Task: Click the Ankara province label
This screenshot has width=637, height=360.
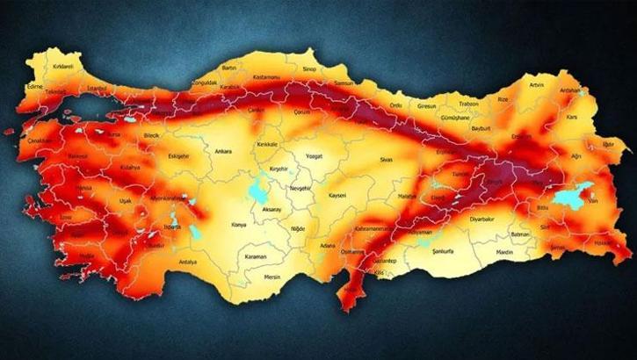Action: pyautogui.click(x=223, y=151)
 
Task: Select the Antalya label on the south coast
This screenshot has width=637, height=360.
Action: pyautogui.click(x=187, y=262)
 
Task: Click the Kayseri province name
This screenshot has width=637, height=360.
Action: pyautogui.click(x=338, y=195)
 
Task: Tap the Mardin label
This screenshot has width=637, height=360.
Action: pyautogui.click(x=503, y=251)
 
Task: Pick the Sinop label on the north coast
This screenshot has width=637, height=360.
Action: pyautogui.click(x=308, y=65)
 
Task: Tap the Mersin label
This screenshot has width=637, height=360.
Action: pyautogui.click(x=272, y=277)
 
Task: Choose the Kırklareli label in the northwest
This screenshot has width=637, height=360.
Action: pyautogui.click(x=38, y=65)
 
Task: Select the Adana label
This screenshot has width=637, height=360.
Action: pyautogui.click(x=329, y=247)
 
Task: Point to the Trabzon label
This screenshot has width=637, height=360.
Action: pyautogui.click(x=468, y=104)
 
